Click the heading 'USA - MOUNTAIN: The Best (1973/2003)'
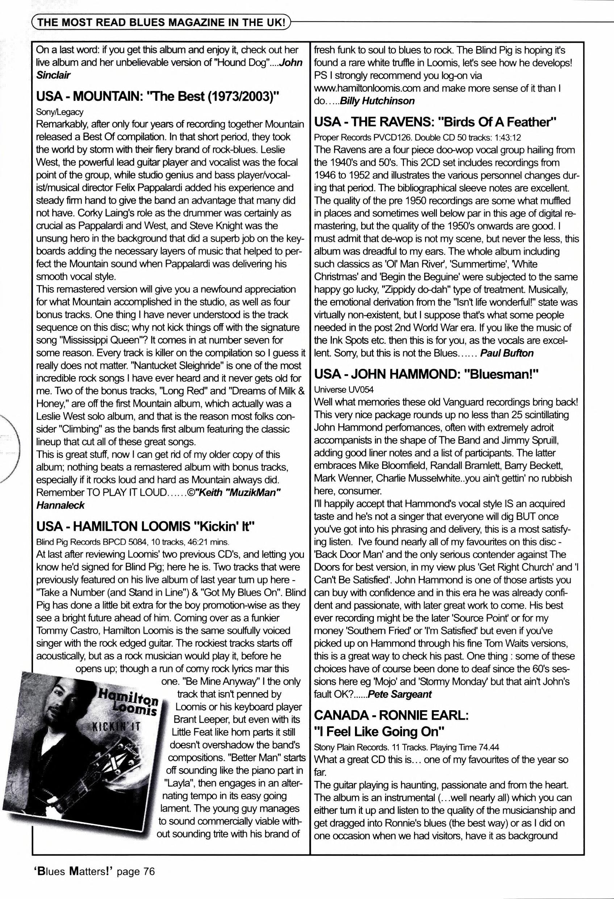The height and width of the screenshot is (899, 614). click(x=157, y=96)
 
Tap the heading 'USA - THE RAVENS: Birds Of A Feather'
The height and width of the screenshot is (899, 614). click(x=435, y=122)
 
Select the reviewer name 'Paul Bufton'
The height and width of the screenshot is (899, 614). click(x=509, y=353)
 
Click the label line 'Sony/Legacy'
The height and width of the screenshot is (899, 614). click(x=59, y=112)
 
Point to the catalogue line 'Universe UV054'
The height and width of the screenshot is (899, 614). click(x=344, y=389)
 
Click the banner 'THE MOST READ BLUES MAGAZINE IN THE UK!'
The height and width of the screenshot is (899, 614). click(x=160, y=23)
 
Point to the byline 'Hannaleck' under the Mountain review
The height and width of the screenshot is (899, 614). click(x=60, y=505)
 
